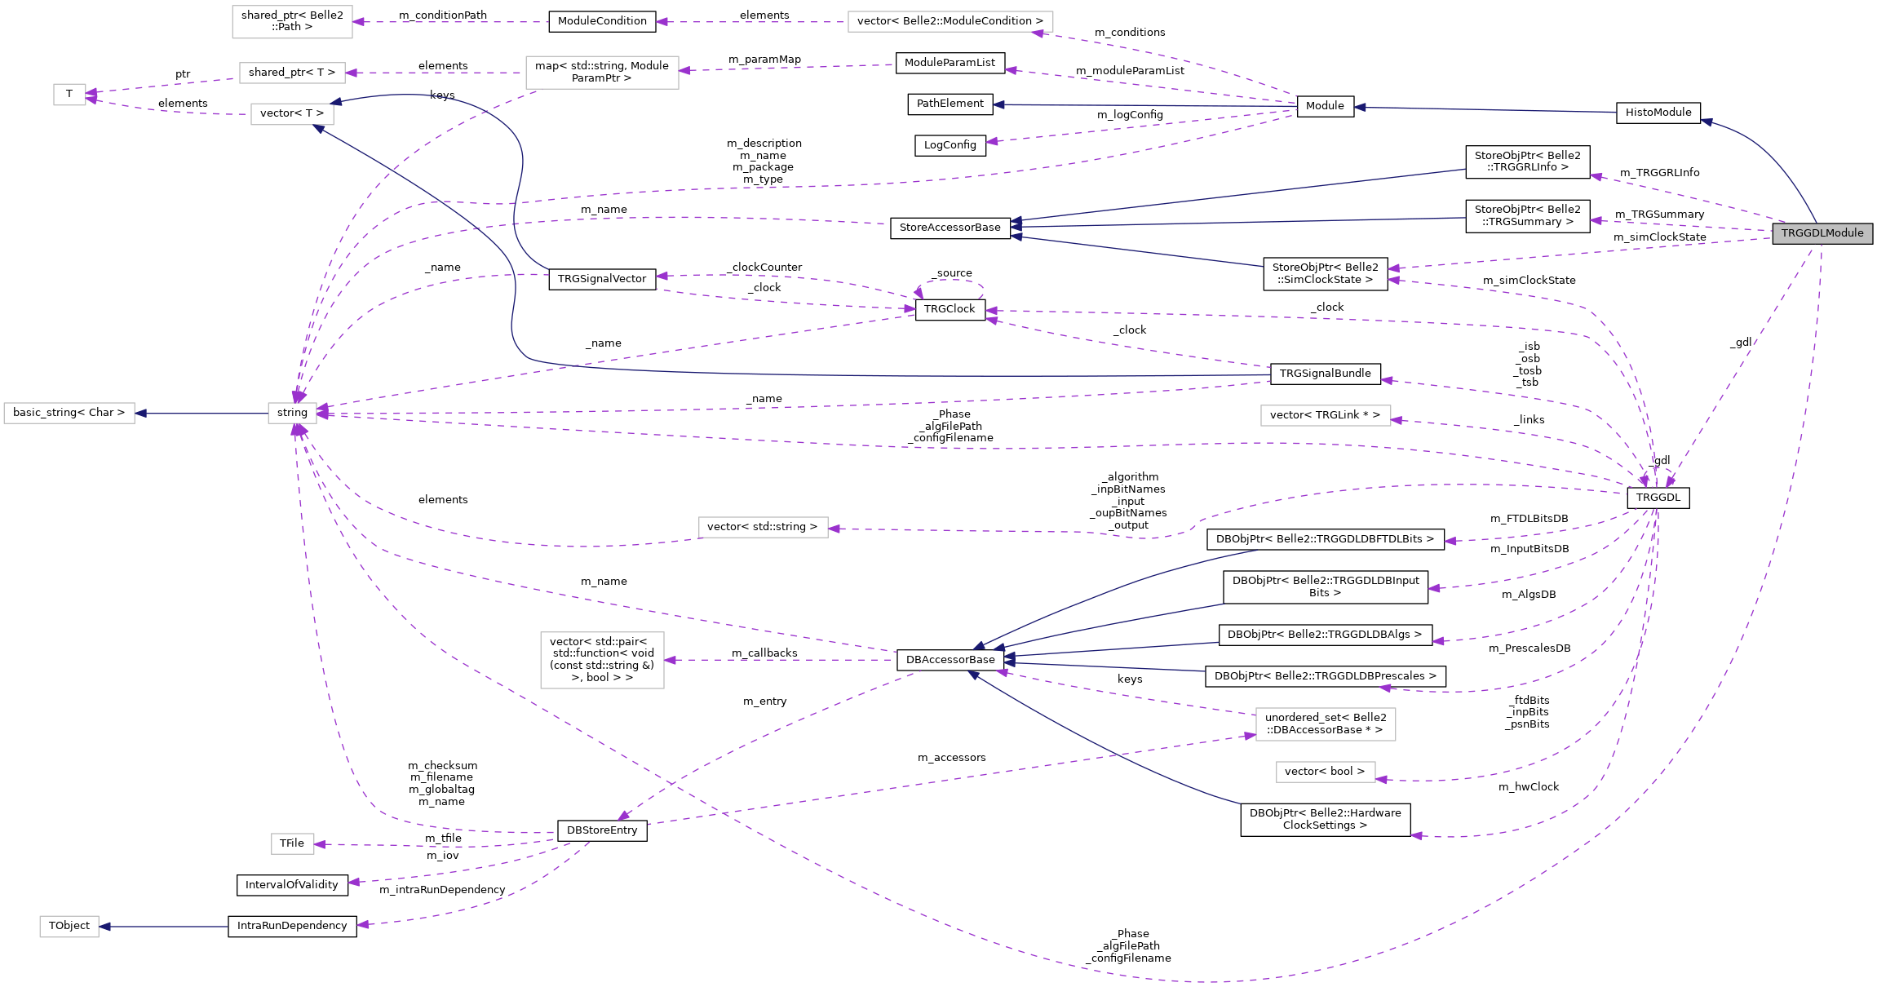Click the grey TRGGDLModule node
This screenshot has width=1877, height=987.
pos(1822,233)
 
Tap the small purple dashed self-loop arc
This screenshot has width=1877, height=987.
pos(951,282)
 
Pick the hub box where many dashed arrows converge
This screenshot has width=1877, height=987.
pos(292,413)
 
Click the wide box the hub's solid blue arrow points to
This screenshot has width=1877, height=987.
pos(69,414)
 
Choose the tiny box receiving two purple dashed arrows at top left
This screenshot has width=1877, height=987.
pos(69,95)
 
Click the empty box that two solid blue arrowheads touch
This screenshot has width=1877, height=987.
pos(292,114)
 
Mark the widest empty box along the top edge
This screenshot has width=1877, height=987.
pos(950,22)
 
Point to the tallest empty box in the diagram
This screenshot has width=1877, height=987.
pos(602,660)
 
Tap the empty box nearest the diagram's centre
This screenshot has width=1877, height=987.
pos(763,528)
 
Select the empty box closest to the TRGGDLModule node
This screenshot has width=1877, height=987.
pos(1326,416)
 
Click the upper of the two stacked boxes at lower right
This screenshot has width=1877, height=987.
pos(1326,724)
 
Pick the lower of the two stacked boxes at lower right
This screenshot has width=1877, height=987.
pos(1326,772)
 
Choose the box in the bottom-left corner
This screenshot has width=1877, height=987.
pos(69,927)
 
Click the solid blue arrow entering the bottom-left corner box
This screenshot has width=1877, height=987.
pos(163,927)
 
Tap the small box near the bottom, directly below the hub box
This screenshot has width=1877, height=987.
pos(292,843)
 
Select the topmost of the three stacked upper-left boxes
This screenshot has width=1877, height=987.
pos(292,22)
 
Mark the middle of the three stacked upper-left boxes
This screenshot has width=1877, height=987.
pos(292,73)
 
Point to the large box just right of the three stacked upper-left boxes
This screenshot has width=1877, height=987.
pos(602,73)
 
